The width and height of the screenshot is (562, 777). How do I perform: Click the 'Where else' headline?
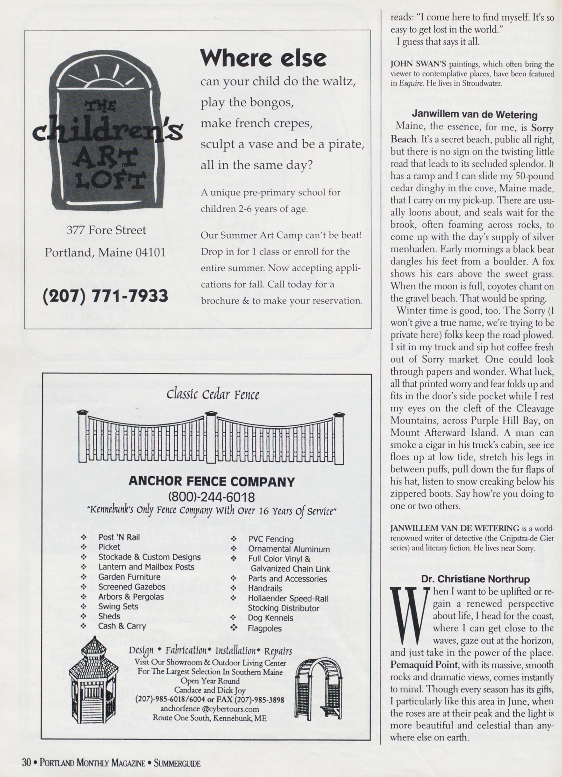coord(263,58)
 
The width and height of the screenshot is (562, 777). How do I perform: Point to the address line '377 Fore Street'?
coord(106,230)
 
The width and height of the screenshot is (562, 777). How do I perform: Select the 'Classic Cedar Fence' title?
coord(213,395)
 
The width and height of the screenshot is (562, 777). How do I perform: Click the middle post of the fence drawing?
coord(211,437)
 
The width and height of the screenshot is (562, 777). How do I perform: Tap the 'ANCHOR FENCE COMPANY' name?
coord(212,481)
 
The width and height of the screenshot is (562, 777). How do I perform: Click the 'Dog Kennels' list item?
coord(270,618)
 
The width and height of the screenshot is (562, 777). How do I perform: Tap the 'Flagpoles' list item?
coord(264,628)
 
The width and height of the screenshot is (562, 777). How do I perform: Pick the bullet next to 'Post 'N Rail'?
coord(83,537)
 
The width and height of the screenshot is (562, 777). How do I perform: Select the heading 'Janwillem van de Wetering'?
coord(475,114)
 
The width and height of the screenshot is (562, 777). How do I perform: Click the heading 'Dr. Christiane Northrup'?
coord(475,579)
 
